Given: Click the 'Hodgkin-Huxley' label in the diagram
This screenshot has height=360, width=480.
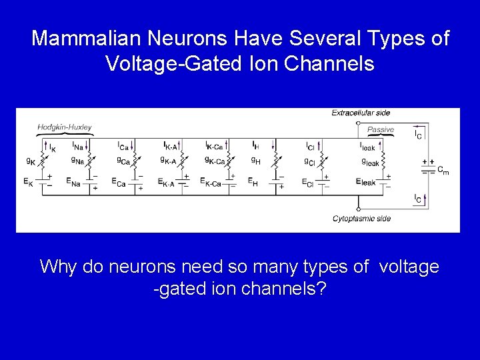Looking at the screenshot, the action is (x=65, y=127).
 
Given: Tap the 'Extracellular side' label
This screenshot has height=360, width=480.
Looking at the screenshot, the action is (x=361, y=113).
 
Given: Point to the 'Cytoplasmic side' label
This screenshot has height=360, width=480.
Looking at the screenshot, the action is (x=361, y=219).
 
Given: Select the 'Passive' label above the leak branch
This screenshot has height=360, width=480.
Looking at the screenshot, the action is (x=381, y=129).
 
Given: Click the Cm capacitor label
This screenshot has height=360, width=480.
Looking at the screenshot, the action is (x=442, y=171).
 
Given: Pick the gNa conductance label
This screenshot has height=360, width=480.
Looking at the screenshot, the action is (x=77, y=160).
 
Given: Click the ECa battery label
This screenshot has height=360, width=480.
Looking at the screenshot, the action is (x=118, y=183).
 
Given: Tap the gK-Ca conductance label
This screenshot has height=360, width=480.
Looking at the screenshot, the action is (x=215, y=160).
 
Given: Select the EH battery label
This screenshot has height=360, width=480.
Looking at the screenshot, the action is (x=253, y=181).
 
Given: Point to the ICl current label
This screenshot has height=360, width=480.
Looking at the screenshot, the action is (x=310, y=146).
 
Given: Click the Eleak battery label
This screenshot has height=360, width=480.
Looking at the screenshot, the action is (x=366, y=181).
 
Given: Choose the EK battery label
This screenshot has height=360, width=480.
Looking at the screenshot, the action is (x=28, y=181).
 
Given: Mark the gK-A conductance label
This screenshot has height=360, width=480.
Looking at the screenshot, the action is (x=168, y=160).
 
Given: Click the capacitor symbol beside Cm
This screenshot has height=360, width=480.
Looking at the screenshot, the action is (x=425, y=167).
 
